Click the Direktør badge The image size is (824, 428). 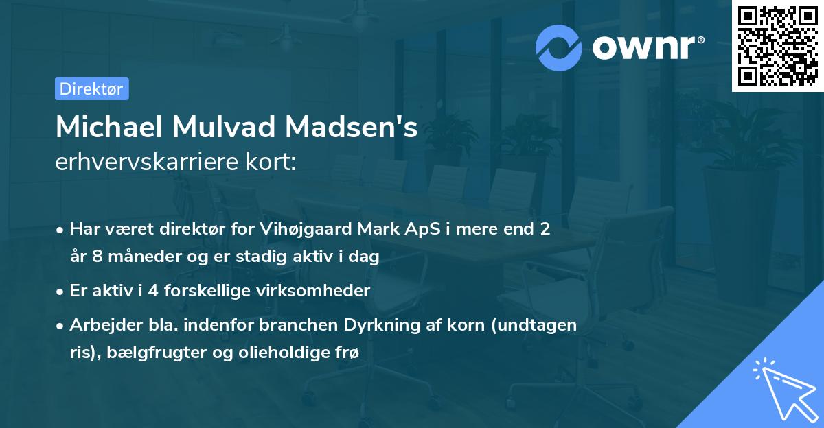coord(91,88)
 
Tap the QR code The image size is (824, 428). coord(777,46)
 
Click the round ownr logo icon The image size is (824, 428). coord(558,47)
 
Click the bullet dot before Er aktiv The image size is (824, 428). coord(61,291)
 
